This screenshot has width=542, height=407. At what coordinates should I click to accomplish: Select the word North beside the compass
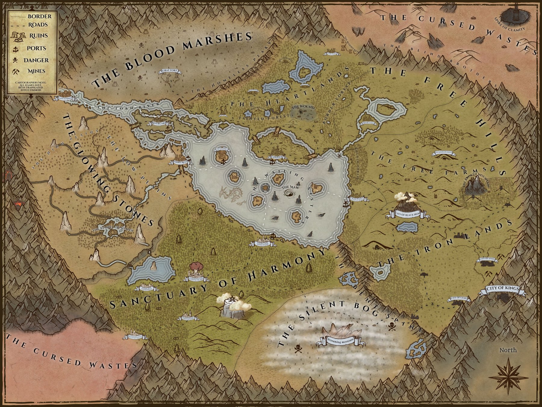click(508, 350)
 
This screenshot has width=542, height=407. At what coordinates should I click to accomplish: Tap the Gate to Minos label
click(64, 98)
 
